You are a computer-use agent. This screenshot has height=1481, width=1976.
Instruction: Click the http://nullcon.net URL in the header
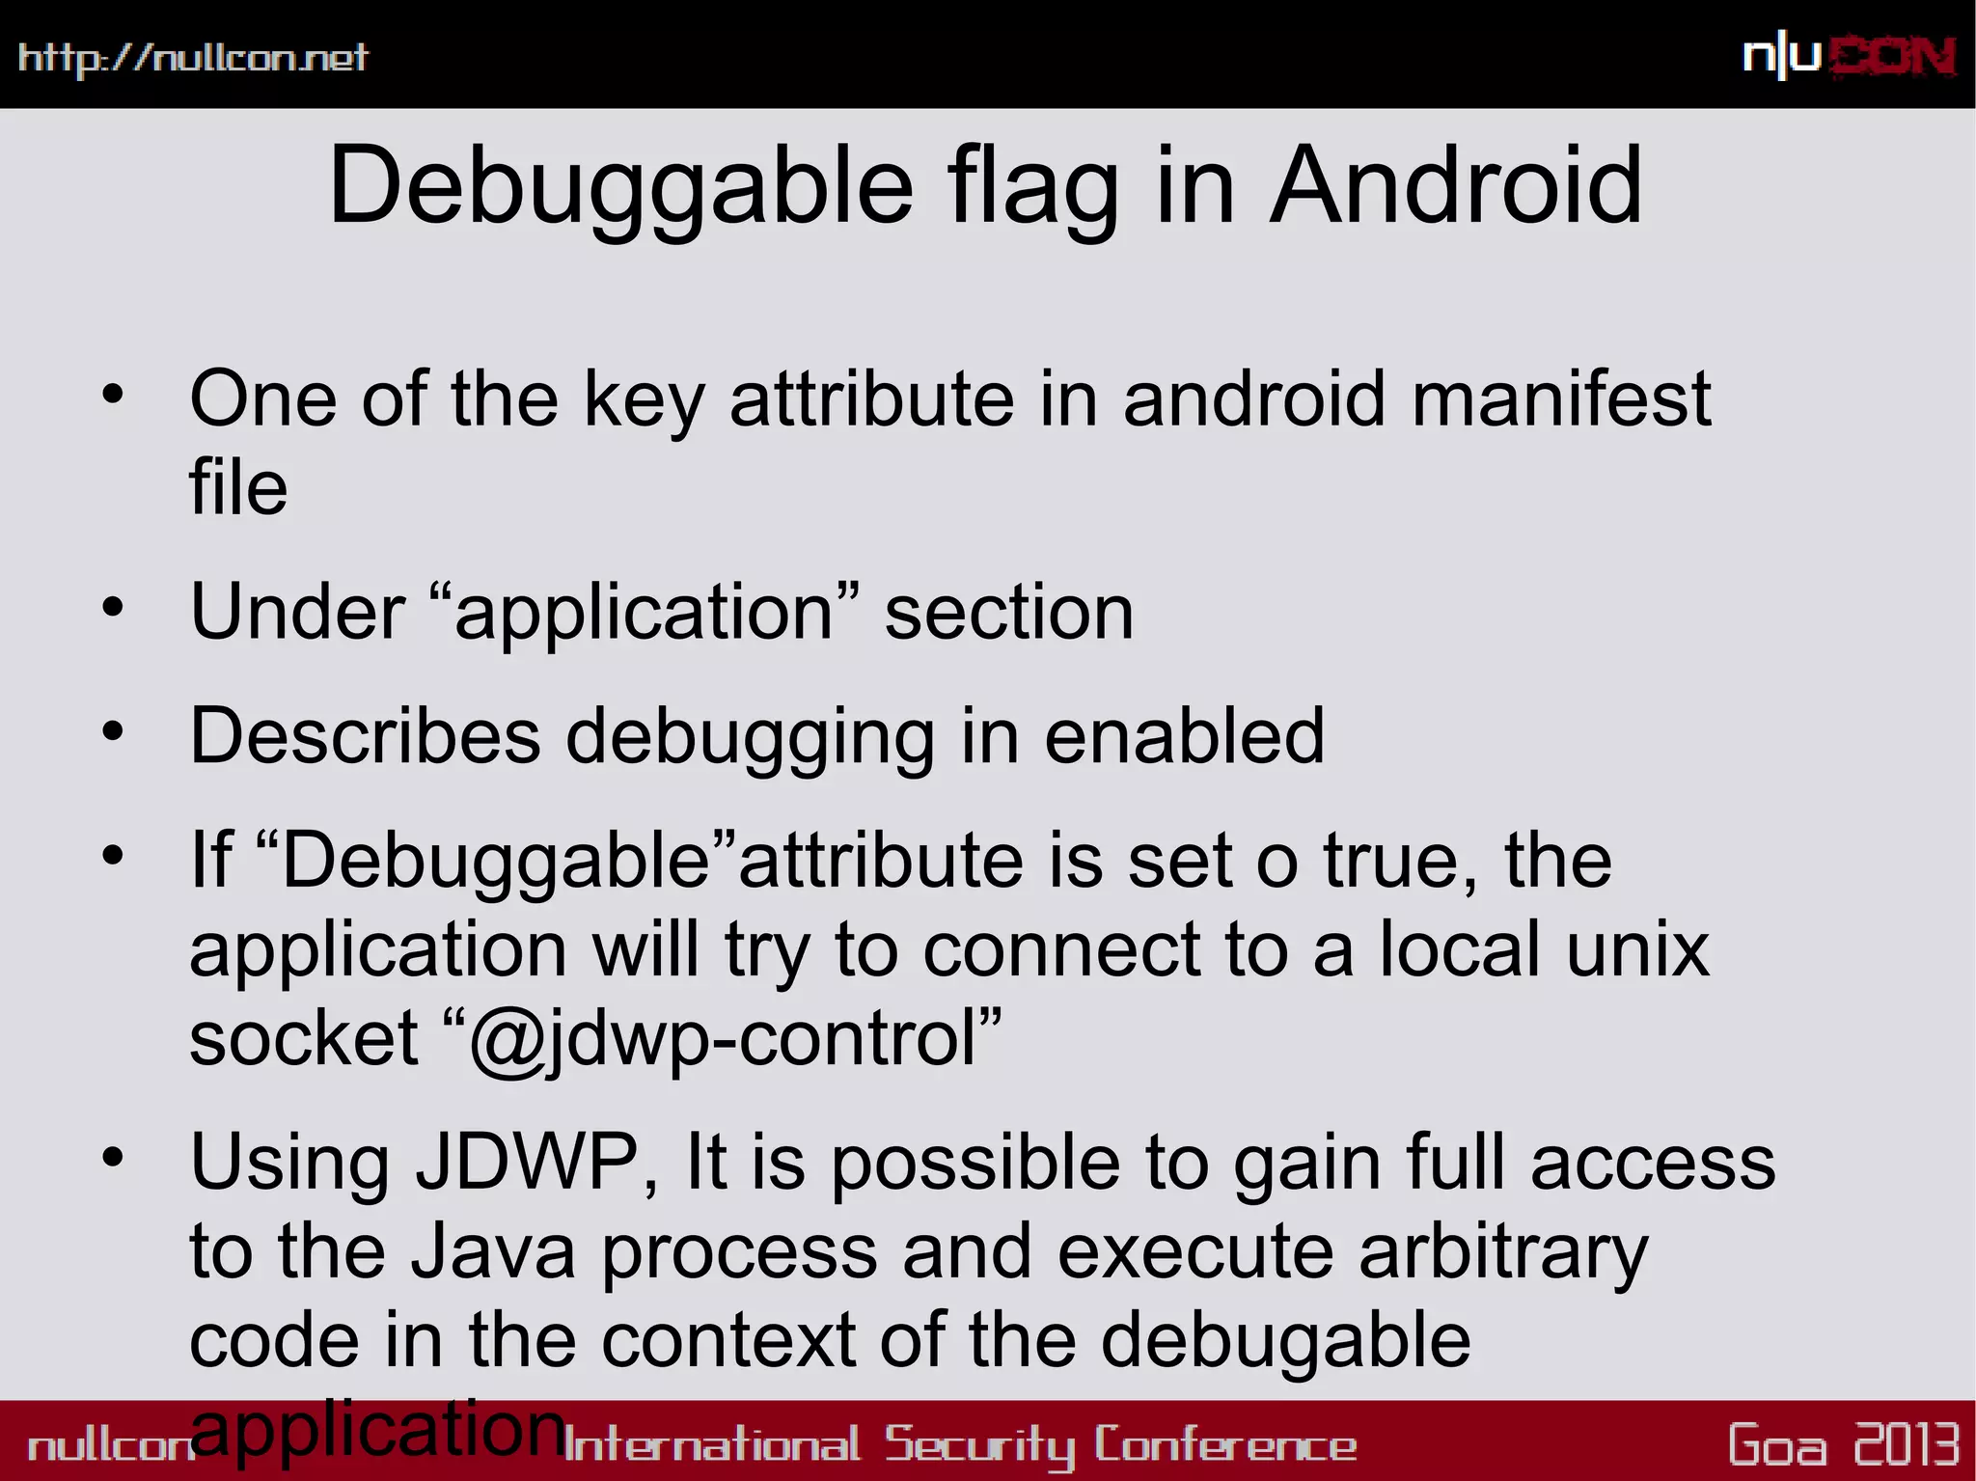pyautogui.click(x=193, y=58)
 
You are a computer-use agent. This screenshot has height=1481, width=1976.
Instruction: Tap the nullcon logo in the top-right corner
pyautogui.click(x=1849, y=57)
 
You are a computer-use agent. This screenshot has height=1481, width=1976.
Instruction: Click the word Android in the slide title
pyautogui.click(x=1455, y=185)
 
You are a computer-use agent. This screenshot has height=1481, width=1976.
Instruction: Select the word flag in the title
pyautogui.click(x=1032, y=185)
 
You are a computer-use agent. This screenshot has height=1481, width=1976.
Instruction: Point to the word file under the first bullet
pyautogui.click(x=238, y=487)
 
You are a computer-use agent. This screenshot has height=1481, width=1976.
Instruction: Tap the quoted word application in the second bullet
pyautogui.click(x=644, y=613)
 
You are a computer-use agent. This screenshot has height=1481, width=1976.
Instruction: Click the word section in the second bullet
pyautogui.click(x=1008, y=613)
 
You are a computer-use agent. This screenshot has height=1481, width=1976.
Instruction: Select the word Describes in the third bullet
pyautogui.click(x=365, y=736)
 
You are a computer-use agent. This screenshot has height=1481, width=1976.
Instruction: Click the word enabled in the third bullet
pyautogui.click(x=1184, y=736)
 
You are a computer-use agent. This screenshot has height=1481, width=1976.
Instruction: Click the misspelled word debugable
pyautogui.click(x=1285, y=1340)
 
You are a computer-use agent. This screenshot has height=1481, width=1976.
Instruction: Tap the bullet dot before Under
pyautogui.click(x=113, y=608)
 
